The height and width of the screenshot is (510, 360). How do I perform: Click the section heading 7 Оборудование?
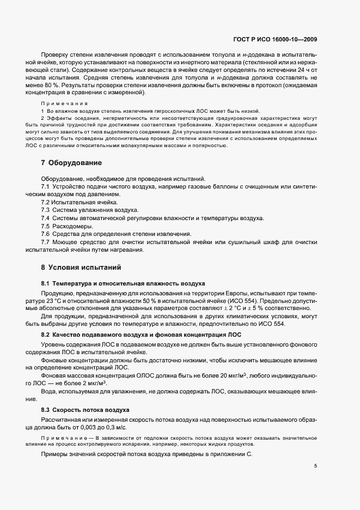point(71,163)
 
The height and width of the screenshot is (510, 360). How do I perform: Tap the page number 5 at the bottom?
point(316,466)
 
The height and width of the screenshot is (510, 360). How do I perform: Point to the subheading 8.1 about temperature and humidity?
point(123,284)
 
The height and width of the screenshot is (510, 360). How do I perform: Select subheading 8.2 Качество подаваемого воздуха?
point(142,333)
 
